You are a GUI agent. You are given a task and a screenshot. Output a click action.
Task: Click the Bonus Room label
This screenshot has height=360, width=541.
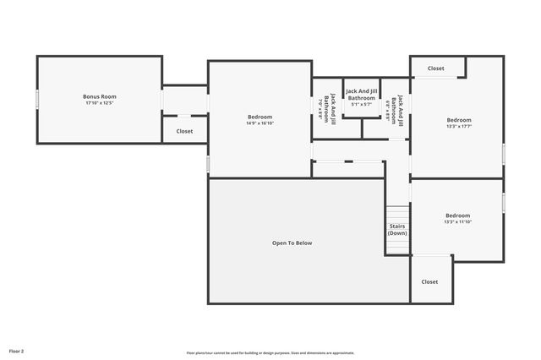point(99,96)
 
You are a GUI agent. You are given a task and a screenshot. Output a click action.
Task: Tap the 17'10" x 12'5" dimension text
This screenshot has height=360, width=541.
point(99,103)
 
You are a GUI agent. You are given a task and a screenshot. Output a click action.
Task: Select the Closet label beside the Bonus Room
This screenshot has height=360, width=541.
point(184,131)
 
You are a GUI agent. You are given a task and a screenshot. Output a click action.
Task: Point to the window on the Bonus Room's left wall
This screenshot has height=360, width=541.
point(36,99)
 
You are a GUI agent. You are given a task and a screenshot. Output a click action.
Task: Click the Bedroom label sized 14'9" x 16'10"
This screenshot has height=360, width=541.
point(260,117)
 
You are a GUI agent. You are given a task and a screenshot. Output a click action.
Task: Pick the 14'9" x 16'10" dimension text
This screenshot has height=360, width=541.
point(260,123)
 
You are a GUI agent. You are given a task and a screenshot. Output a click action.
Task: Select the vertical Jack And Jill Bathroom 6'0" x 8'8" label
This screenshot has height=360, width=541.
point(396,111)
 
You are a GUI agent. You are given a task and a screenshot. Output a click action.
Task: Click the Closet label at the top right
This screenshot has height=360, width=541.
point(435,68)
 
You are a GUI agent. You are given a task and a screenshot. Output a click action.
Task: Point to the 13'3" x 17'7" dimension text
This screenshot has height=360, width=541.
point(459,127)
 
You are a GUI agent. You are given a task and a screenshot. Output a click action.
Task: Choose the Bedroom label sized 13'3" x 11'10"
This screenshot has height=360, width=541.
point(457,215)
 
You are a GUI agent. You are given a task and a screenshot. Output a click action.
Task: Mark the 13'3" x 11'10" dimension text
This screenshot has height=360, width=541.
point(457,221)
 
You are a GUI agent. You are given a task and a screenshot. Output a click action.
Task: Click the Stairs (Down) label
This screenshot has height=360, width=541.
point(397,229)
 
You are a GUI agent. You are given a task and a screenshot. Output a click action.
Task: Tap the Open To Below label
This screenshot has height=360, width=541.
point(292,243)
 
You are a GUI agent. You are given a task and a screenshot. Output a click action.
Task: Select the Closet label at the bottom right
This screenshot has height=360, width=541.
point(429,281)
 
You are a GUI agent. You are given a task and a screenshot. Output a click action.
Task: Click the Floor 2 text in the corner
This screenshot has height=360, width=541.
point(17,350)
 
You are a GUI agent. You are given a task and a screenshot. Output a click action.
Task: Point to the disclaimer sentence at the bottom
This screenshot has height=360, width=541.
point(270,352)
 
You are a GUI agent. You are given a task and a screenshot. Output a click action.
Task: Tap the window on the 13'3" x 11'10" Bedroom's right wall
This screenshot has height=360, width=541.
point(504,203)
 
